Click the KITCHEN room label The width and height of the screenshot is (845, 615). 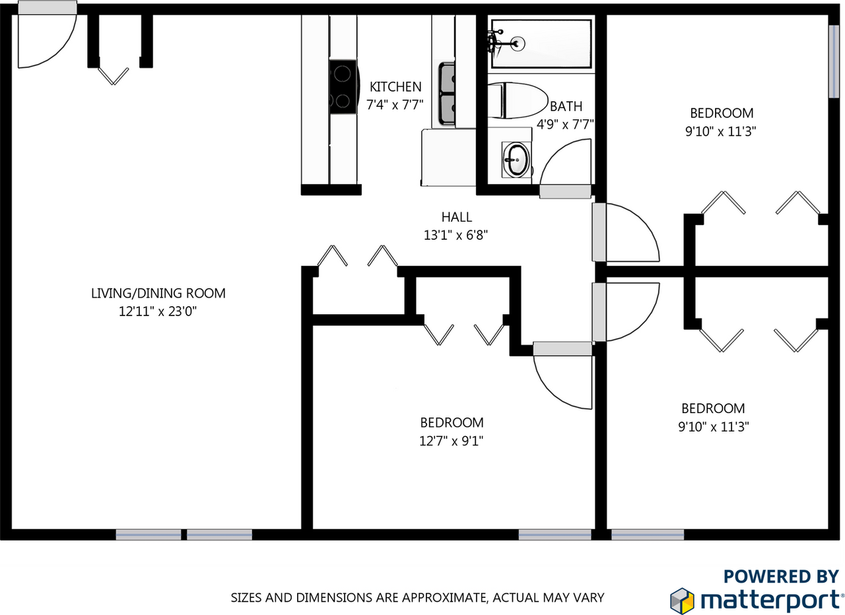pyautogui.click(x=395, y=86)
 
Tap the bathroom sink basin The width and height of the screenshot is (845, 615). pyautogui.click(x=516, y=160)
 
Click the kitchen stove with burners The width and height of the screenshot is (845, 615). pyautogui.click(x=343, y=87)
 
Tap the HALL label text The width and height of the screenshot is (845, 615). pyautogui.click(x=457, y=216)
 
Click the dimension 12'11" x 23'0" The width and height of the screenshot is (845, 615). pyautogui.click(x=158, y=311)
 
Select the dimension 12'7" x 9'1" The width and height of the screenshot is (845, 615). pyautogui.click(x=452, y=440)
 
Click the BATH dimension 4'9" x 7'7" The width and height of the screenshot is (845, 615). pyautogui.click(x=566, y=123)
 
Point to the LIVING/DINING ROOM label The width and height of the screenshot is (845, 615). pyautogui.click(x=158, y=293)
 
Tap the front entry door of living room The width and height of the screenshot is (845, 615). pyautogui.click(x=46, y=38)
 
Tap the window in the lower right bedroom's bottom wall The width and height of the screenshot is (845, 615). pyautogui.click(x=647, y=534)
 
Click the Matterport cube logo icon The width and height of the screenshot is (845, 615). pyautogui.click(x=683, y=599)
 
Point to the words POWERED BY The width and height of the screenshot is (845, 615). pyautogui.click(x=782, y=576)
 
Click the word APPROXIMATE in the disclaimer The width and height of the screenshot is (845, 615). pyautogui.click(x=437, y=598)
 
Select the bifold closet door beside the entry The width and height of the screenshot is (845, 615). pyautogui.click(x=114, y=75)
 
